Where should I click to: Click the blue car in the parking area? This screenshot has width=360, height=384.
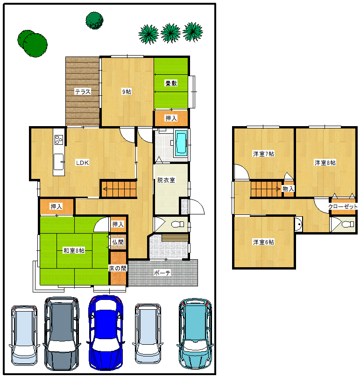[x=106, y=333]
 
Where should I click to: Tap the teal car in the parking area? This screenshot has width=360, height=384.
[x=195, y=334]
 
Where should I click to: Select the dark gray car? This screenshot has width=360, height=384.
[x=62, y=334]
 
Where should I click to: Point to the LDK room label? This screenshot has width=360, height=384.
[x=82, y=163]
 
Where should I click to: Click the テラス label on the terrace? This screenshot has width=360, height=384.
[x=83, y=92]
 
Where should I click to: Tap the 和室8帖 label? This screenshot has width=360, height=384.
[x=74, y=250]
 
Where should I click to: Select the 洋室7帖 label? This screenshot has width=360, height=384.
[x=263, y=154]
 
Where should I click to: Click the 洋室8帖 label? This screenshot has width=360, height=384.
[x=325, y=163]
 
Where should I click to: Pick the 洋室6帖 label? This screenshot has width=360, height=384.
[x=263, y=242]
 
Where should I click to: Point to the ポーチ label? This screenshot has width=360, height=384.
[x=162, y=273]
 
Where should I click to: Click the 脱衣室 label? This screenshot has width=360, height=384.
[x=166, y=180]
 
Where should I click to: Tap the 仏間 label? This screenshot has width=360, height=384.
[x=118, y=242]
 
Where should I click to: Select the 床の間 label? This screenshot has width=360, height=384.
[x=118, y=269]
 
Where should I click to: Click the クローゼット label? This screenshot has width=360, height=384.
[x=343, y=206]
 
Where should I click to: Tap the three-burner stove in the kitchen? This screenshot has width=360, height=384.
[x=59, y=140]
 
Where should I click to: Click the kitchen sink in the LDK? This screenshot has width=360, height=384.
[x=59, y=162]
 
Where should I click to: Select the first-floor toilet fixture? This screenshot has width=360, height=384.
[x=177, y=224]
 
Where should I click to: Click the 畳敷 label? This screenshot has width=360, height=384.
[x=171, y=83]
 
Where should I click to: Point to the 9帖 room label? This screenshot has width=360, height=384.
[x=127, y=92]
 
